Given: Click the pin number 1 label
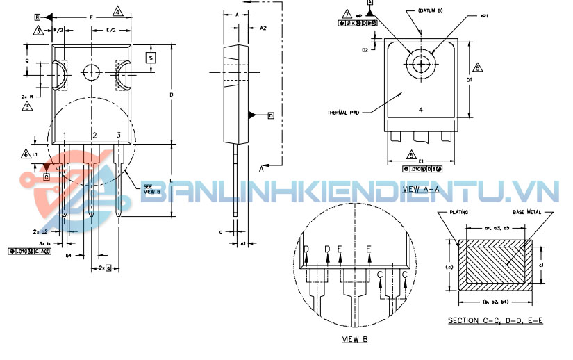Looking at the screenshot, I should click(x=65, y=135).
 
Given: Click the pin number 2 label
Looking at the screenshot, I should click(x=94, y=135).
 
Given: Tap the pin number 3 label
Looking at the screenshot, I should click(x=119, y=135).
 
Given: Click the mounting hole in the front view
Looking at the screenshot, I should click(x=92, y=71).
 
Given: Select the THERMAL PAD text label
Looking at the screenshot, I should click(x=344, y=113).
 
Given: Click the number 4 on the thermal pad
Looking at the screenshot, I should click(x=421, y=110).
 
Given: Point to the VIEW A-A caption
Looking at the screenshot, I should click(x=421, y=188).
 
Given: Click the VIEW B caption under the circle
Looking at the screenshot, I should click(x=355, y=339).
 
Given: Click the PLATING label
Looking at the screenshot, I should click(x=460, y=211).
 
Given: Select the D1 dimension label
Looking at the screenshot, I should click(x=470, y=80).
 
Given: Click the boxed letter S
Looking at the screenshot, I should click(x=150, y=58).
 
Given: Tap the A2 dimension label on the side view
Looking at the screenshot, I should click(x=263, y=28).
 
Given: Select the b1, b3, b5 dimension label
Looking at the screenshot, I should click(x=497, y=228).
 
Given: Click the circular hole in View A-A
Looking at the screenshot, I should click(x=421, y=64).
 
